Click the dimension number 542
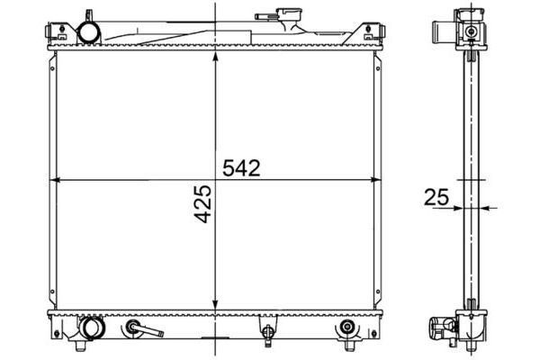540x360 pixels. click(240, 168)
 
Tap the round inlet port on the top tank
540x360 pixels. click(90, 32)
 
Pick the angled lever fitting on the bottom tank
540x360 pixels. click(136, 329)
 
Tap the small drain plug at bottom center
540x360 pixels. click(266, 336)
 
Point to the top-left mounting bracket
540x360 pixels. click(52, 34)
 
